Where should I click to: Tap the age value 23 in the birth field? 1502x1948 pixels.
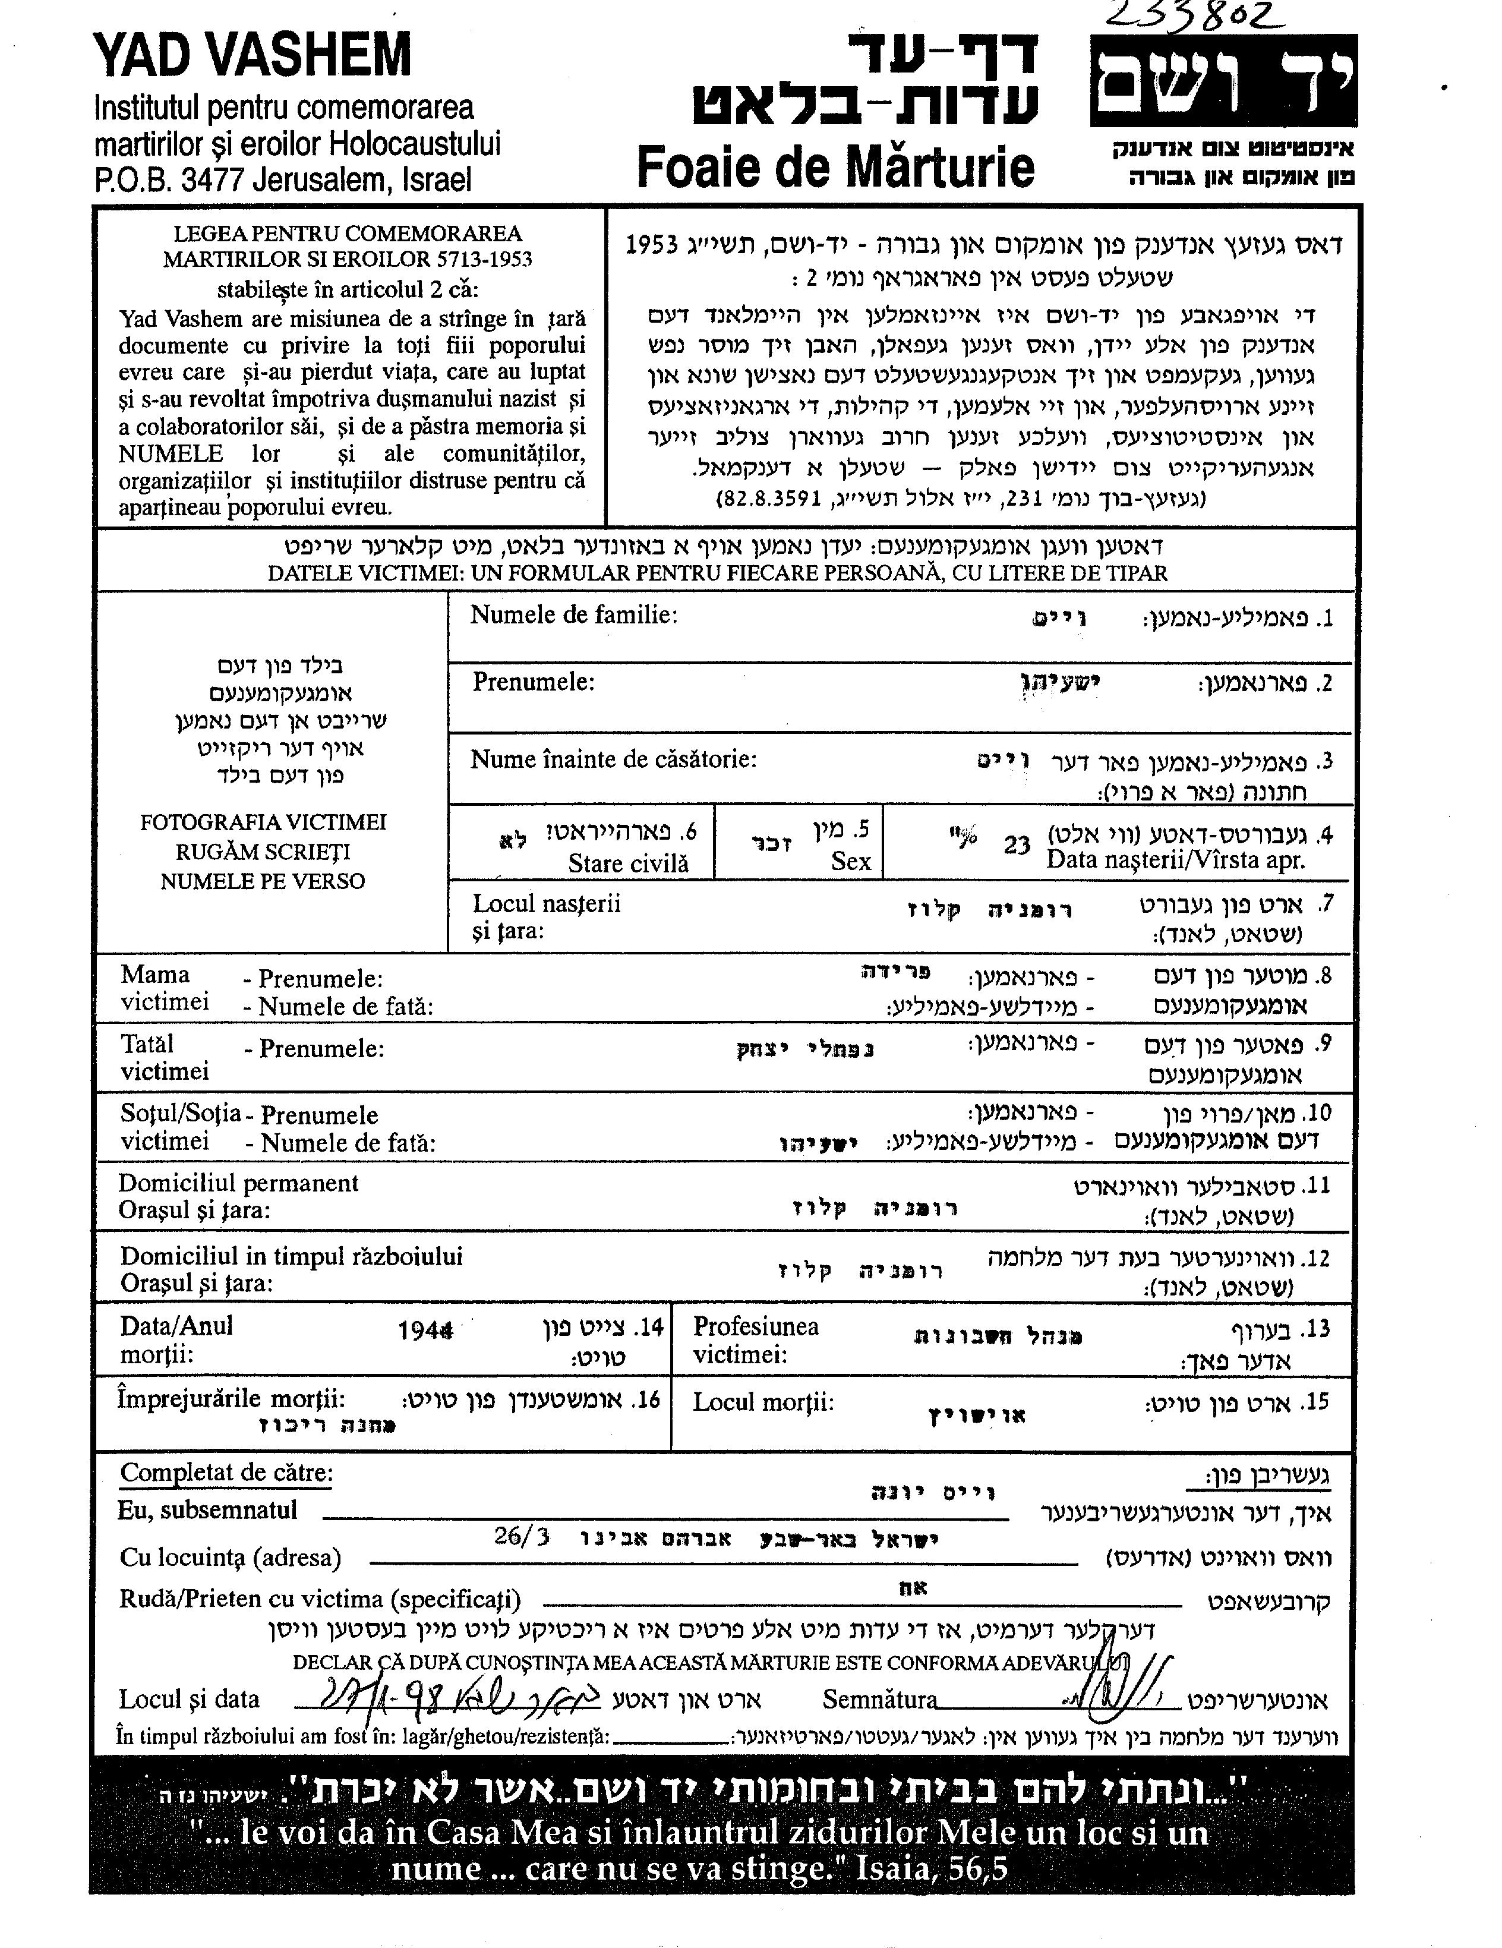[x=1016, y=844]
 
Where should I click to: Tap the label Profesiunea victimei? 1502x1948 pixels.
[x=756, y=1339]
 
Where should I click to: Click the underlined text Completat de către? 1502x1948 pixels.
[x=226, y=1473]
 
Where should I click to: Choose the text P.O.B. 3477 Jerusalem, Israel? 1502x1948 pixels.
[x=283, y=180]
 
